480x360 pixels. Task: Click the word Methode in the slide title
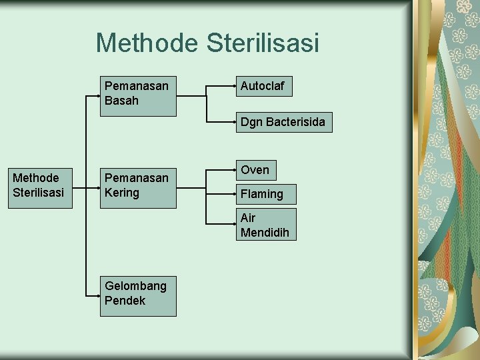pyautogui.click(x=148, y=43)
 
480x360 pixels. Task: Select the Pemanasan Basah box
pyautogui.click(x=138, y=95)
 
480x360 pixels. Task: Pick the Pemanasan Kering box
pyautogui.click(x=138, y=187)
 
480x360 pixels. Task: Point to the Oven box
pyautogui.click(x=256, y=170)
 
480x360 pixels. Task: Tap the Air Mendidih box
pyautogui.click(x=266, y=225)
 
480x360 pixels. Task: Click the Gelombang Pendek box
pyautogui.click(x=138, y=295)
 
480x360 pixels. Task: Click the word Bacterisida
pyautogui.click(x=295, y=122)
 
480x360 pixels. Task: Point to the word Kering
pyautogui.click(x=122, y=193)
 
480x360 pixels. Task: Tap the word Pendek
pyautogui.click(x=125, y=301)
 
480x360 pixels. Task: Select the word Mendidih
pyautogui.click(x=265, y=233)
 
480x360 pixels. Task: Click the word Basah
pyautogui.click(x=121, y=101)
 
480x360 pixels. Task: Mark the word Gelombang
pyautogui.click(x=135, y=286)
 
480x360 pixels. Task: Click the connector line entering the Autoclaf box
pyautogui.click(x=222, y=86)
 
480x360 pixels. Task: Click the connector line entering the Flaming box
pyautogui.click(x=222, y=194)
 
